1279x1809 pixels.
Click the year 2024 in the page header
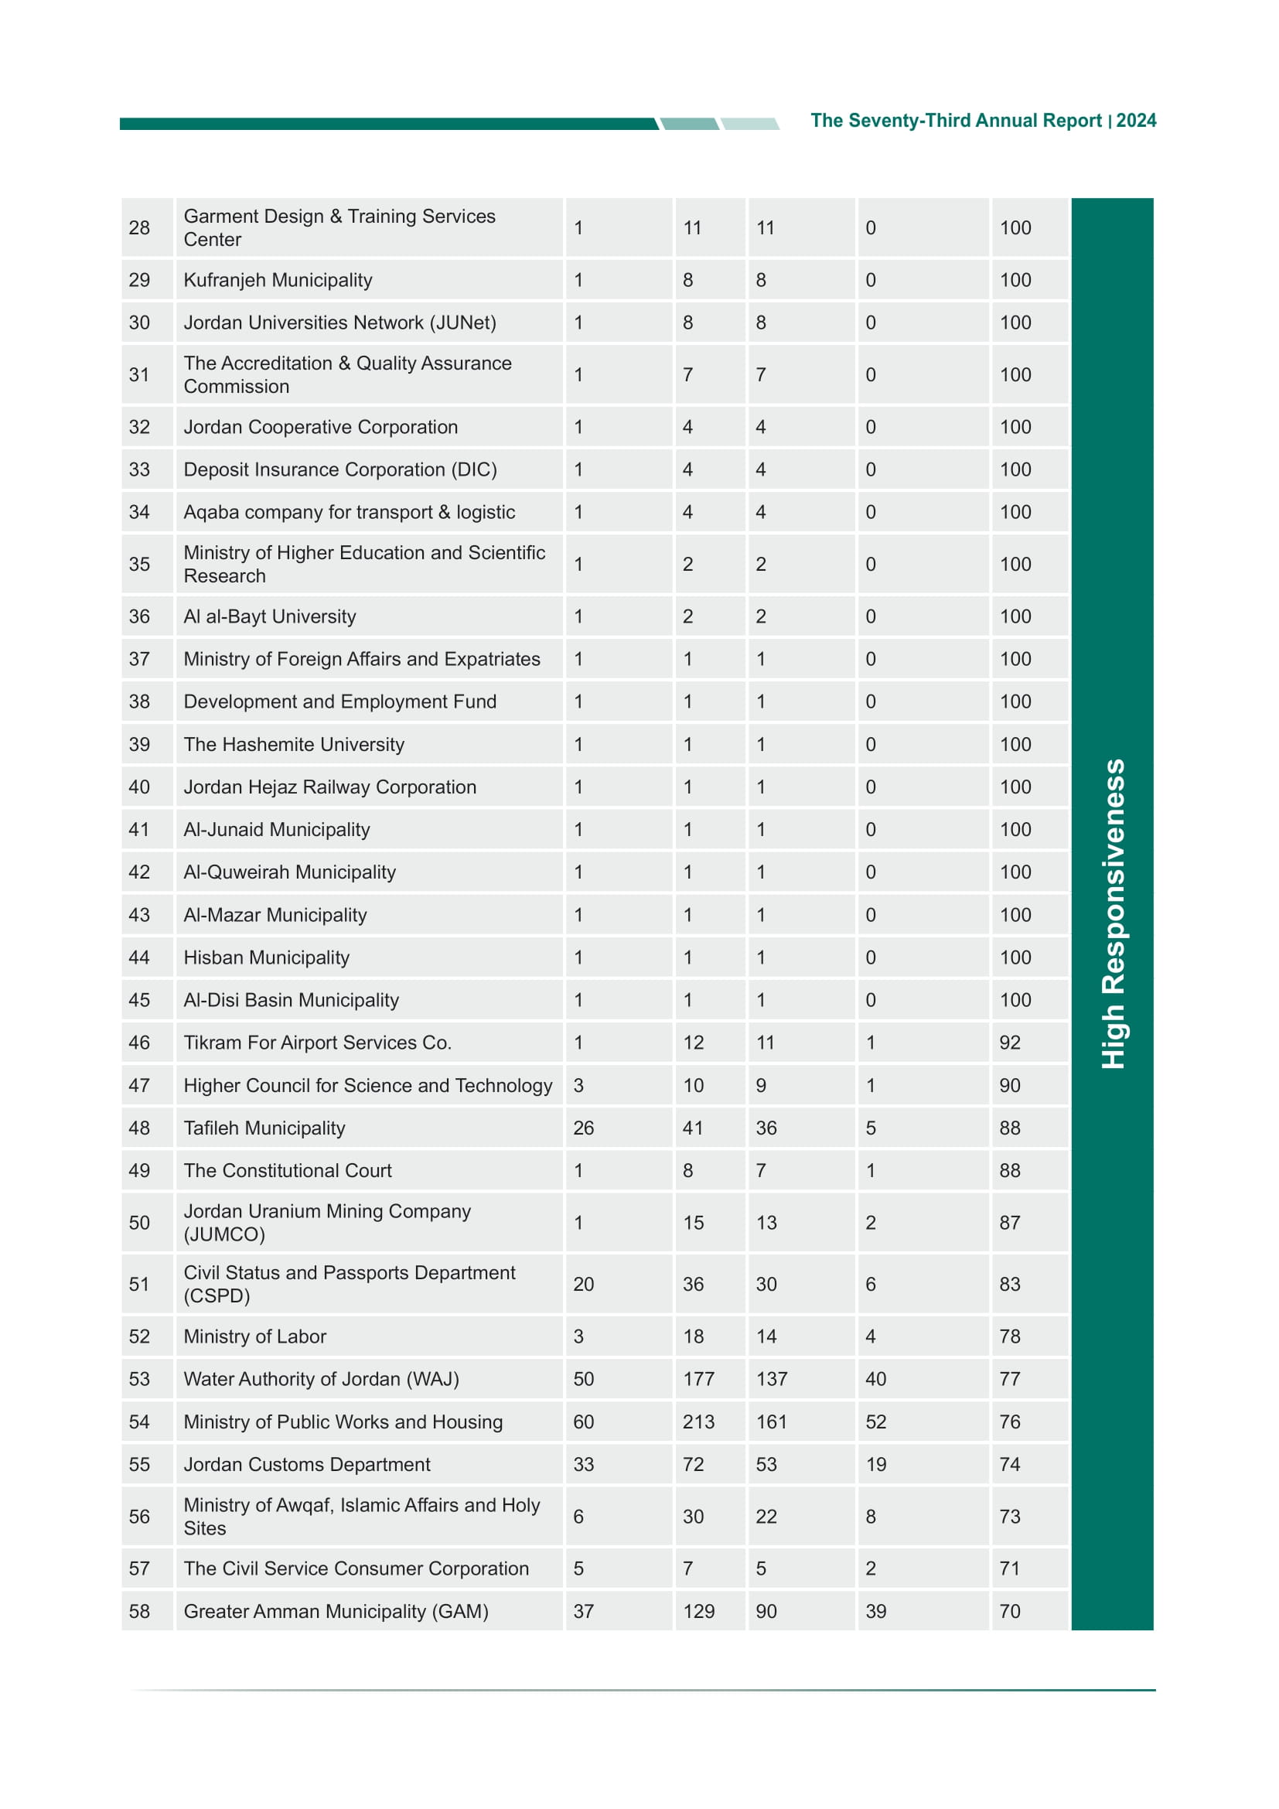(x=1136, y=121)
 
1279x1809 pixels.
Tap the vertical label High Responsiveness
(x=1112, y=913)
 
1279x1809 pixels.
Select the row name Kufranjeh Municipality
(x=278, y=280)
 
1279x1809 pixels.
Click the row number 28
(x=139, y=227)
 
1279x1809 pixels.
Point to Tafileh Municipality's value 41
(x=692, y=1128)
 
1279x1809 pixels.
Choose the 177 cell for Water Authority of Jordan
(x=697, y=1379)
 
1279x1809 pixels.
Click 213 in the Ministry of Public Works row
(x=697, y=1422)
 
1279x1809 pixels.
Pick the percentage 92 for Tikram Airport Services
(x=1009, y=1043)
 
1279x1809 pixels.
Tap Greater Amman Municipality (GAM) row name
(x=336, y=1611)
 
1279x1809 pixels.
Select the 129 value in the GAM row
(x=697, y=1611)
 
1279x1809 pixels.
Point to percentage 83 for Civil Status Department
(x=1009, y=1285)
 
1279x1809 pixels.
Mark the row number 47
(x=139, y=1085)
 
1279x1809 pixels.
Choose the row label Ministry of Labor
(x=254, y=1336)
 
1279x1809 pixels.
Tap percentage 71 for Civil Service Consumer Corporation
(x=1009, y=1568)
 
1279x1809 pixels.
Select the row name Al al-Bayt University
(x=269, y=616)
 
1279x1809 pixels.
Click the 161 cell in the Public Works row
(x=771, y=1422)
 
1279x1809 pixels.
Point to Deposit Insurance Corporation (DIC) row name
(x=339, y=469)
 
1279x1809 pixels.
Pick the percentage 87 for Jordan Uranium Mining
(x=1009, y=1223)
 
